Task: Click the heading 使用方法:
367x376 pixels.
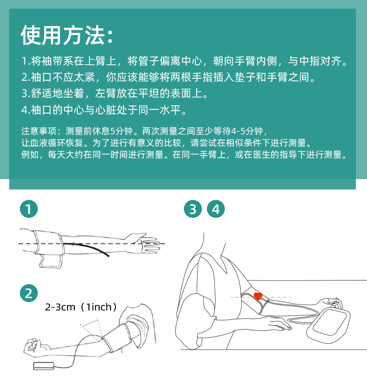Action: click(67, 35)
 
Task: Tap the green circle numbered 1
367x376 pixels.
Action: click(29, 209)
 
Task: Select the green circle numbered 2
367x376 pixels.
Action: click(29, 293)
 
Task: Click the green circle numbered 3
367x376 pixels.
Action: click(193, 209)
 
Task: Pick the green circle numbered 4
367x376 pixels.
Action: click(216, 209)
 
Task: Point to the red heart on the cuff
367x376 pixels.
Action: click(258, 296)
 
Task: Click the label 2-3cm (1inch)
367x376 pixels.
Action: click(81, 307)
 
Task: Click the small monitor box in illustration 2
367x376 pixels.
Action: click(44, 366)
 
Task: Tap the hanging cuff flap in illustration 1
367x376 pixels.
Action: click(51, 261)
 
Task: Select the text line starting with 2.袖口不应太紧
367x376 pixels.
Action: click(168, 77)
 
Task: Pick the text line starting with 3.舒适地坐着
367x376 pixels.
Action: click(115, 94)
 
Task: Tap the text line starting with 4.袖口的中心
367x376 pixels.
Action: click(104, 110)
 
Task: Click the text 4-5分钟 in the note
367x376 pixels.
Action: click(247, 131)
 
